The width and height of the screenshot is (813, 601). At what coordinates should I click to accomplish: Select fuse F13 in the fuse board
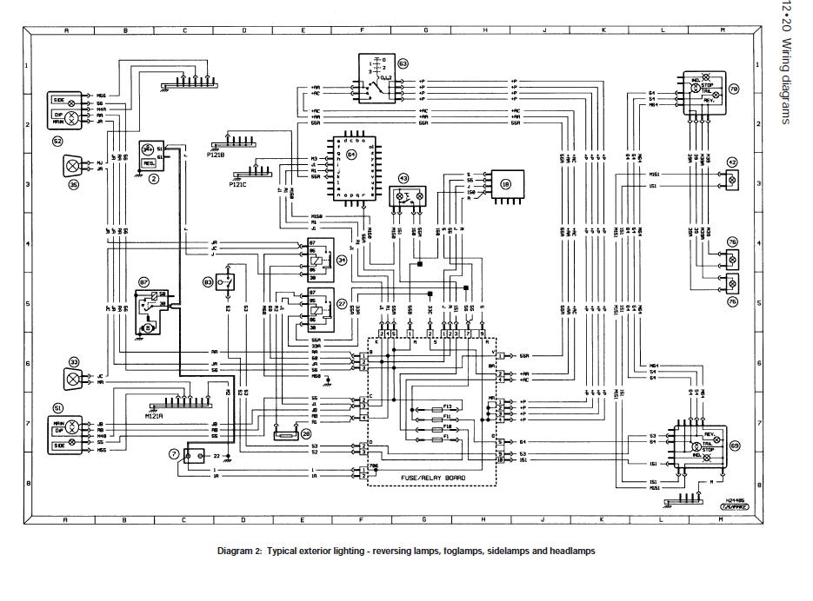[447, 406]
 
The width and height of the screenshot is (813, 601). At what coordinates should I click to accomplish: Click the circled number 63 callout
[403, 63]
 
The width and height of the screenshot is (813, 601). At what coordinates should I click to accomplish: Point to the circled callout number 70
[733, 89]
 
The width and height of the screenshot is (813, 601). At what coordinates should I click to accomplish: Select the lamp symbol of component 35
[73, 165]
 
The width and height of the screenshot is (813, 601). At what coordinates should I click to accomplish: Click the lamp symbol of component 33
[73, 378]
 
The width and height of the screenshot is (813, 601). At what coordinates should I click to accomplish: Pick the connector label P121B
[217, 154]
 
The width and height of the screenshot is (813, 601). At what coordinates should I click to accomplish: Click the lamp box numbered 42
[731, 180]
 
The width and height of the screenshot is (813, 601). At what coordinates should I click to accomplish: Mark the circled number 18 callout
[506, 184]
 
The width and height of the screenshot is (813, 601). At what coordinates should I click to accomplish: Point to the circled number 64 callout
[351, 155]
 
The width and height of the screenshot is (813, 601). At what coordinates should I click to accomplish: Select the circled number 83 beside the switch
[208, 282]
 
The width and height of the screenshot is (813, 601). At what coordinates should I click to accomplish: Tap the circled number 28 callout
[305, 435]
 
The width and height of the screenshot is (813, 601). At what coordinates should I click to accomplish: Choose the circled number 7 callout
[174, 454]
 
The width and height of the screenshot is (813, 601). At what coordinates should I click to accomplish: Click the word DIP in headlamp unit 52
[57, 115]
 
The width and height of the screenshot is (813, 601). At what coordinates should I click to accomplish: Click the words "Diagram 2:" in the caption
[238, 551]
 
